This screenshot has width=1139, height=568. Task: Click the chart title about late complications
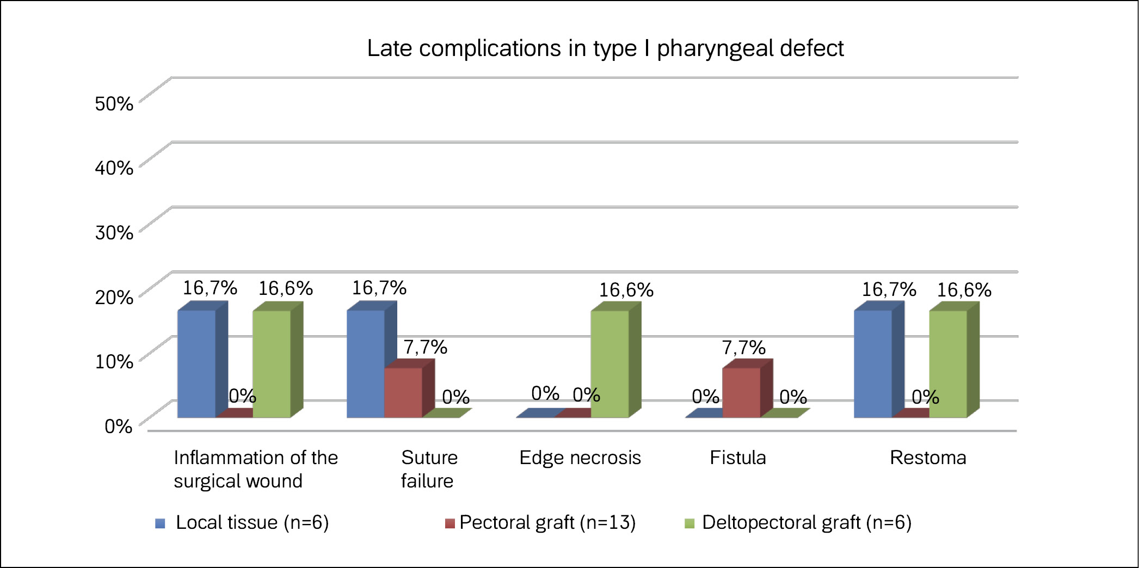coord(605,48)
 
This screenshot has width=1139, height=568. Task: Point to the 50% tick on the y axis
coord(114,103)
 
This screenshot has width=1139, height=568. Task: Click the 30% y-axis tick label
coord(114,232)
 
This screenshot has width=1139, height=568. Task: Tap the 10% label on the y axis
coord(114,361)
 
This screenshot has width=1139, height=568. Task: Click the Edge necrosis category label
coord(580,458)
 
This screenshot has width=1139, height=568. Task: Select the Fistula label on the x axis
coord(737,458)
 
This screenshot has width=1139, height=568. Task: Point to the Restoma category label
coord(928,458)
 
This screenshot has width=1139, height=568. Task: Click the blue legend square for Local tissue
coord(160,523)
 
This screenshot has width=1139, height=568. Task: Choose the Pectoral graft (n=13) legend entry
coord(547,522)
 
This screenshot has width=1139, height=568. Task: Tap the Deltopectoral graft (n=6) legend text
coord(806,522)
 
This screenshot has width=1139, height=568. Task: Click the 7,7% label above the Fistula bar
coord(743,348)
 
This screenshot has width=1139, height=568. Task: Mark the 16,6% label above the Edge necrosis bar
coord(626,290)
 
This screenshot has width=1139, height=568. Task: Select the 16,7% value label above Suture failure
coord(379,288)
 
